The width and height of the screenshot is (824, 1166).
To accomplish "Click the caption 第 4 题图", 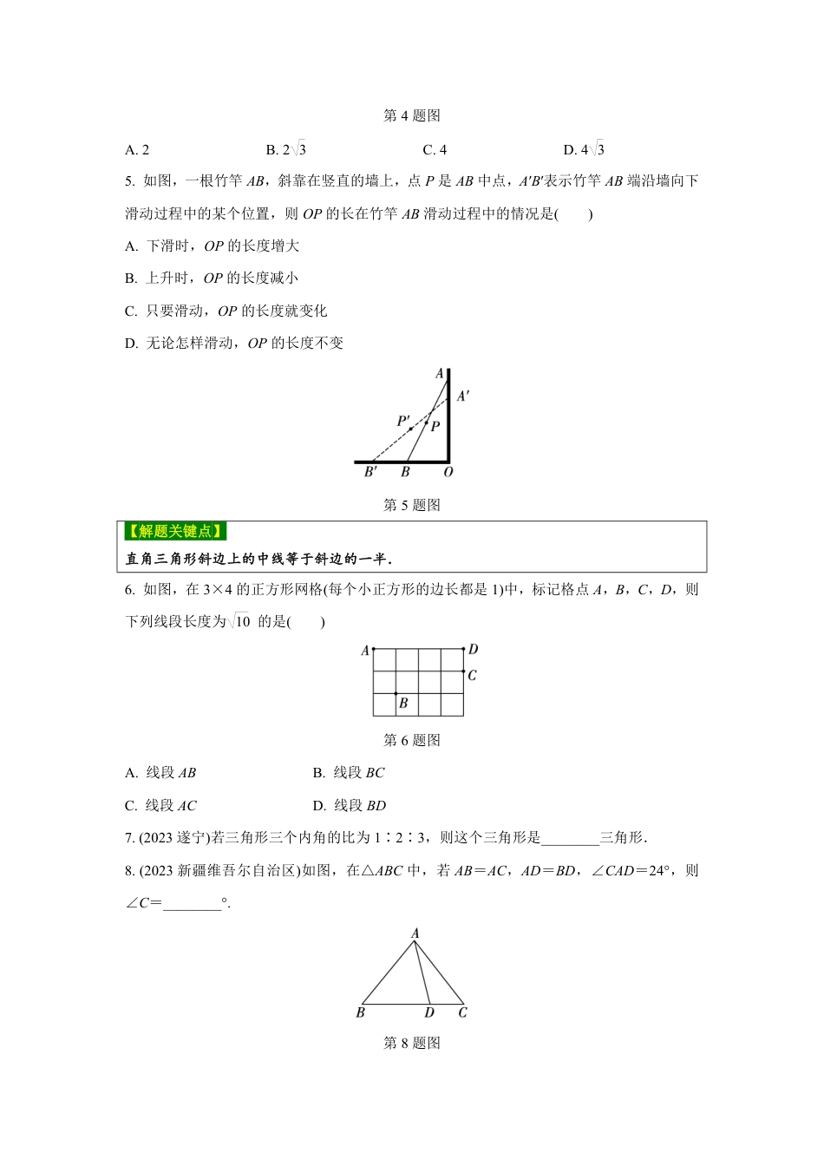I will coord(412,115).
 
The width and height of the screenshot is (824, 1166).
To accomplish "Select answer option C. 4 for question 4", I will coord(435,150).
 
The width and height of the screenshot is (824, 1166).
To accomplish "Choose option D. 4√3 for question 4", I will coord(584,150).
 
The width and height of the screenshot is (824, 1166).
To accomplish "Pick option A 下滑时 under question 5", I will coord(213,246).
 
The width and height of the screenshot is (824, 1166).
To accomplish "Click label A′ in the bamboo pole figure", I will coord(463,396).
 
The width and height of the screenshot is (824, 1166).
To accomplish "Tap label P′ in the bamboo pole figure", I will coord(403,421).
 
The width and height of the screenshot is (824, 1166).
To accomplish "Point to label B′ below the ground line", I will coord(370,473).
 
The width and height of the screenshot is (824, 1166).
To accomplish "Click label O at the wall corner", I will coord(448,473).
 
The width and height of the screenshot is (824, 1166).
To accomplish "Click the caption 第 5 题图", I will coord(412,505).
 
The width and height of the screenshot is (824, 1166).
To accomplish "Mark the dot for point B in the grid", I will coord(396,693).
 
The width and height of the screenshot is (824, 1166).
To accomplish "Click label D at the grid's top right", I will coord(474,649).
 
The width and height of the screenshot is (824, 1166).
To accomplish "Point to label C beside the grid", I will coord(472,675).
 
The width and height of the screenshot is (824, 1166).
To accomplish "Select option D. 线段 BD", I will coord(350,806).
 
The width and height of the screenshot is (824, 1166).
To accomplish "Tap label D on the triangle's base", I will coord(429,1012).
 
